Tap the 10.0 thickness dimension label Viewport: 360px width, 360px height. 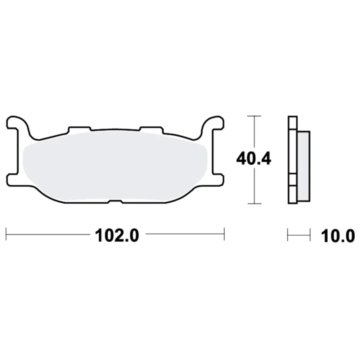tap(337, 236)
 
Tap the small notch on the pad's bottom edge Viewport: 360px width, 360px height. tap(115, 202)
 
